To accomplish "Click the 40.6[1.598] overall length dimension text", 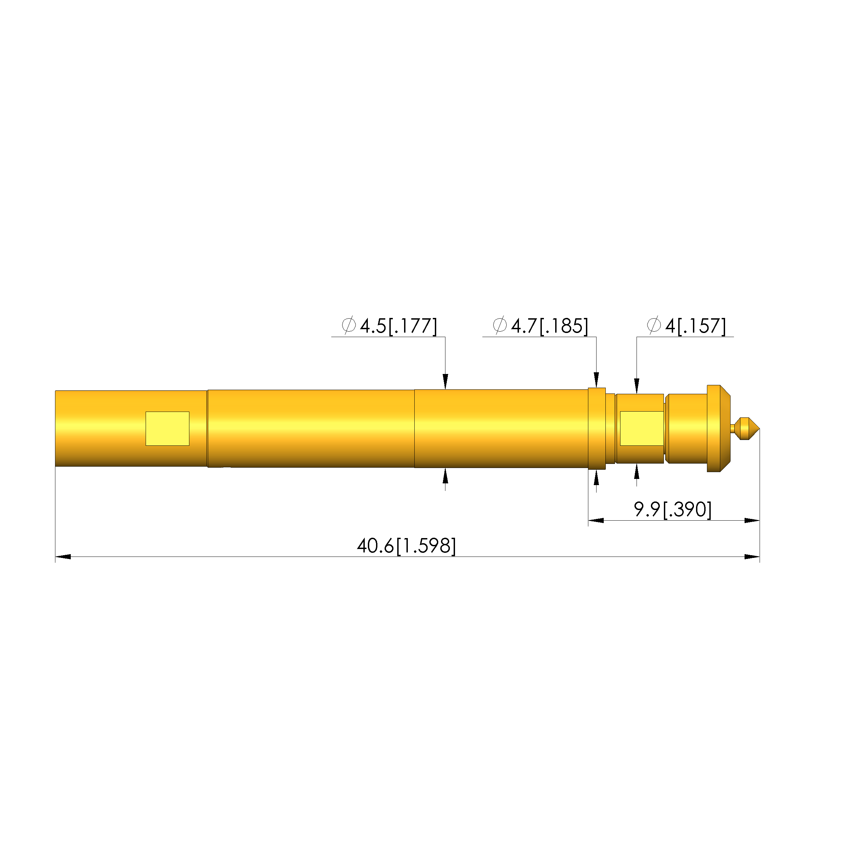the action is tap(406, 546).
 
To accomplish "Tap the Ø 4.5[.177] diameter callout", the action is tap(389, 326).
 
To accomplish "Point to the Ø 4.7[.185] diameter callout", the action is tap(540, 326).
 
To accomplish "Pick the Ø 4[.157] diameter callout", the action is tap(686, 326).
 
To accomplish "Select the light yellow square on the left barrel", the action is tap(168, 428).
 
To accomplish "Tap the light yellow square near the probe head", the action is tap(642, 428).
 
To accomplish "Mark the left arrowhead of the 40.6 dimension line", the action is tap(63, 557).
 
